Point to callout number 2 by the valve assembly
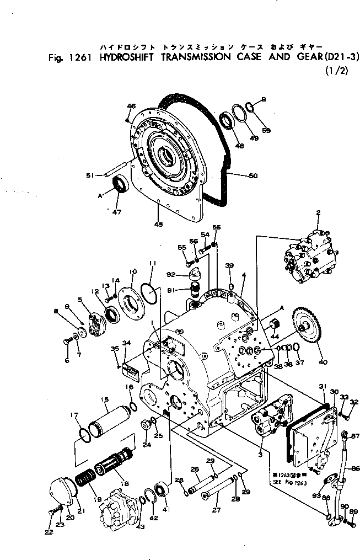click(x=318, y=212)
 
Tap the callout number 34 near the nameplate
click(x=126, y=343)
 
